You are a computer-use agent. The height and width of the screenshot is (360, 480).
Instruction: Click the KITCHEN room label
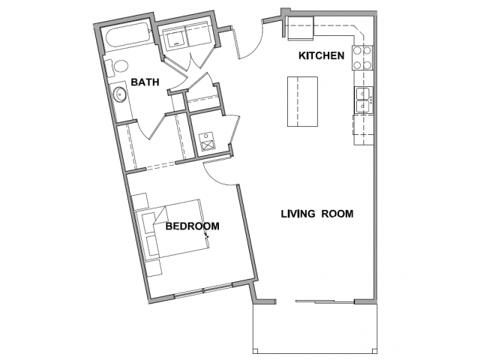tap(322, 55)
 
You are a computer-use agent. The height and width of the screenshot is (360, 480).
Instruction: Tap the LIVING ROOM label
tap(317, 214)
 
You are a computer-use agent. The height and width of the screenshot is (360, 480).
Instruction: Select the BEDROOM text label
tap(193, 226)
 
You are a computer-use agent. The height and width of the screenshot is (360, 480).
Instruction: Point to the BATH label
tap(145, 82)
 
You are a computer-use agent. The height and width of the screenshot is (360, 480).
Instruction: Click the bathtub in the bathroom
tap(127, 39)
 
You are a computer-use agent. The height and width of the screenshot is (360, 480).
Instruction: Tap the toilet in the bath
tap(117, 67)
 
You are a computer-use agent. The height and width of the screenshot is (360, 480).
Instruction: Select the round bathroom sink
tap(120, 94)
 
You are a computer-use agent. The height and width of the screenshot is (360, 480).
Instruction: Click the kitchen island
tap(302, 102)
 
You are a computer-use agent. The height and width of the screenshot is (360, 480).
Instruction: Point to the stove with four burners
tap(362, 58)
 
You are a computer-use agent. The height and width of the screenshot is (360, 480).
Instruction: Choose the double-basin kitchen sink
tap(364, 100)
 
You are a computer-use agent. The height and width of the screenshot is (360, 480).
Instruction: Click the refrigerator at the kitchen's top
tap(300, 28)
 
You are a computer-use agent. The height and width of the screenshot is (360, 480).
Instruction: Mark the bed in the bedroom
tap(172, 230)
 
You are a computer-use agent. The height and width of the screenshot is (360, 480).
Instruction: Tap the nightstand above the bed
tap(140, 201)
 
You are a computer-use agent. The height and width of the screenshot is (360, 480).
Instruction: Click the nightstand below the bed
tap(154, 268)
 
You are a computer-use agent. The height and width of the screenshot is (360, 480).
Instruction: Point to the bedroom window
tap(203, 290)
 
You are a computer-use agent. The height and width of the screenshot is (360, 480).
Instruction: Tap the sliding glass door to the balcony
tap(325, 301)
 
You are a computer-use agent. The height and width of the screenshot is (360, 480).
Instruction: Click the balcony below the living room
tap(315, 328)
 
